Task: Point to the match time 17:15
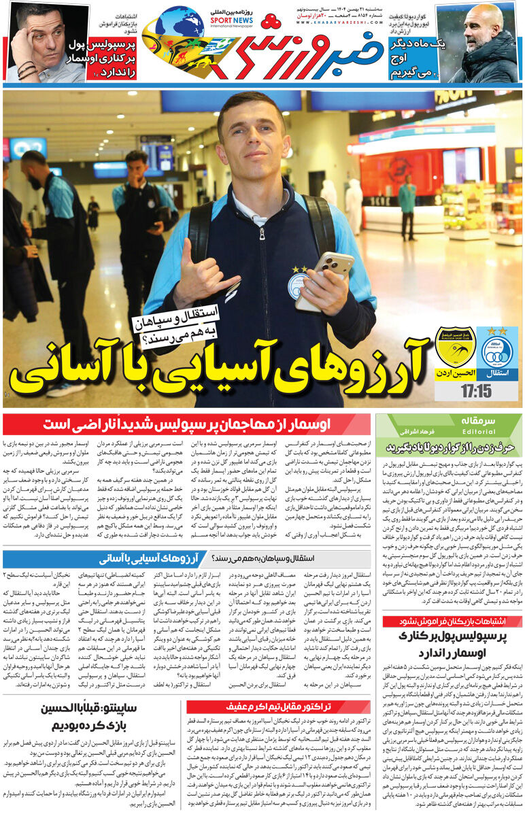pos(475,392)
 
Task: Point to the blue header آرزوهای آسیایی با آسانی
pos(150,559)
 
